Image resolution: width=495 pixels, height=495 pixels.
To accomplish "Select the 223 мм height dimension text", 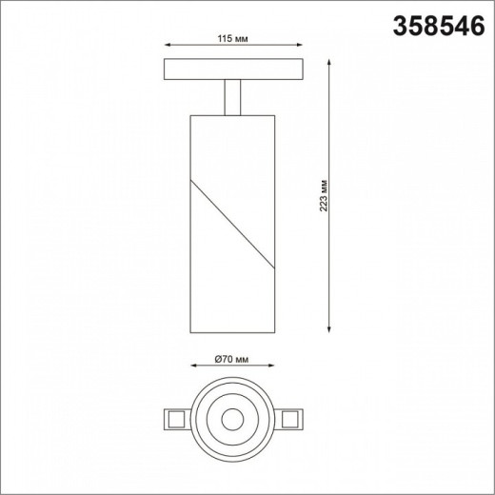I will pos(323,195).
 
